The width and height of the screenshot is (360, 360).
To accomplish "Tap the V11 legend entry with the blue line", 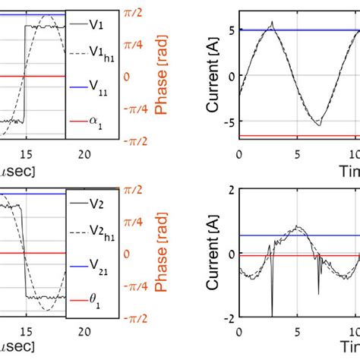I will click(99, 89).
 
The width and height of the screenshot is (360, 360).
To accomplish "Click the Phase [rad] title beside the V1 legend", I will click(160, 76).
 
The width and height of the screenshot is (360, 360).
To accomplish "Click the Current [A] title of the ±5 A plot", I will click(213, 76).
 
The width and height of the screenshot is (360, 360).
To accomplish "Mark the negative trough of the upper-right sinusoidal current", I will click(320, 124).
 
